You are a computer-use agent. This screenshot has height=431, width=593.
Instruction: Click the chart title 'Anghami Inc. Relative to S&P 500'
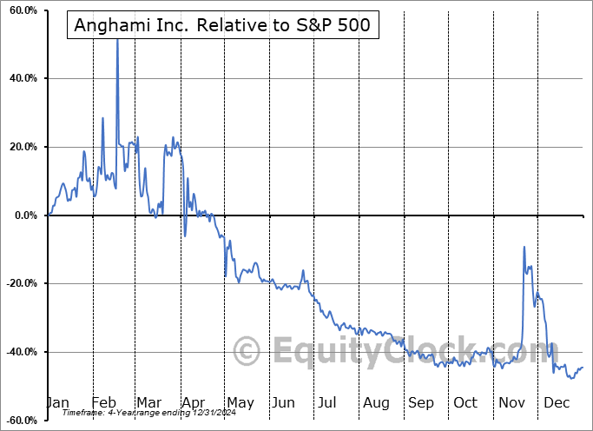pos(221,25)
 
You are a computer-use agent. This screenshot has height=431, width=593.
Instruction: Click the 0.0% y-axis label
pos(23,215)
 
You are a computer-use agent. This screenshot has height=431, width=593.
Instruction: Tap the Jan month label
pos(57,402)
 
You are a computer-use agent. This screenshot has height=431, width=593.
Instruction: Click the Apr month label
pos(193,402)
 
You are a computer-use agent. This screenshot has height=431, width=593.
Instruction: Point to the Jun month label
pos(283,402)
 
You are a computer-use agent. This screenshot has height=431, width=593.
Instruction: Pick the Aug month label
pos(377,402)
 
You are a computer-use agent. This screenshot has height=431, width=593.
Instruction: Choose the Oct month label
pos(465,402)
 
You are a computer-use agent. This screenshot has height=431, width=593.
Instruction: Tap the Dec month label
pos(556,402)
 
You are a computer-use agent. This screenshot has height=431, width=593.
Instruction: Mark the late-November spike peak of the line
pos(524,247)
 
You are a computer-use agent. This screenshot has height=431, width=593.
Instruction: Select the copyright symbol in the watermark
pos(247,352)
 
